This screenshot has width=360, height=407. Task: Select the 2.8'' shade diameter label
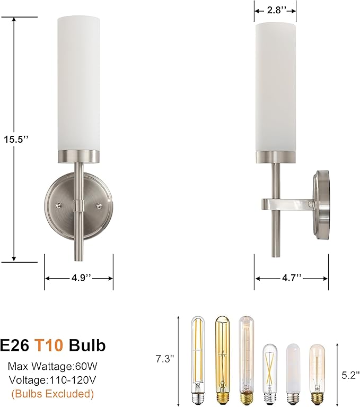[x=275, y=10]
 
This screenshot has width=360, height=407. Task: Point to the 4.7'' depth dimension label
[x=291, y=278]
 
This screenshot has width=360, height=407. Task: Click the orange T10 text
[x=49, y=345]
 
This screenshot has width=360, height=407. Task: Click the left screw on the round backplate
[x=59, y=204]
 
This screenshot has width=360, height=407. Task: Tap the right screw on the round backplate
[x=98, y=204]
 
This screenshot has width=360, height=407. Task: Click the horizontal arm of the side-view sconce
[x=286, y=203]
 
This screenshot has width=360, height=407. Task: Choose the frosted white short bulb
[x=293, y=374]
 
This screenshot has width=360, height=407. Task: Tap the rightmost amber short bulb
[x=317, y=374]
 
